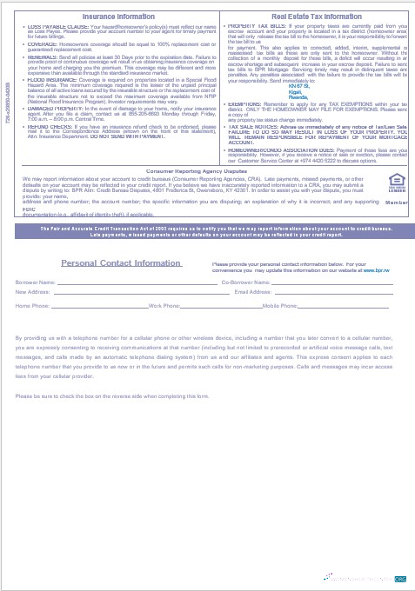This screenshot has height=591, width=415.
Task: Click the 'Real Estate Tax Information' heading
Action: [317, 17]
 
